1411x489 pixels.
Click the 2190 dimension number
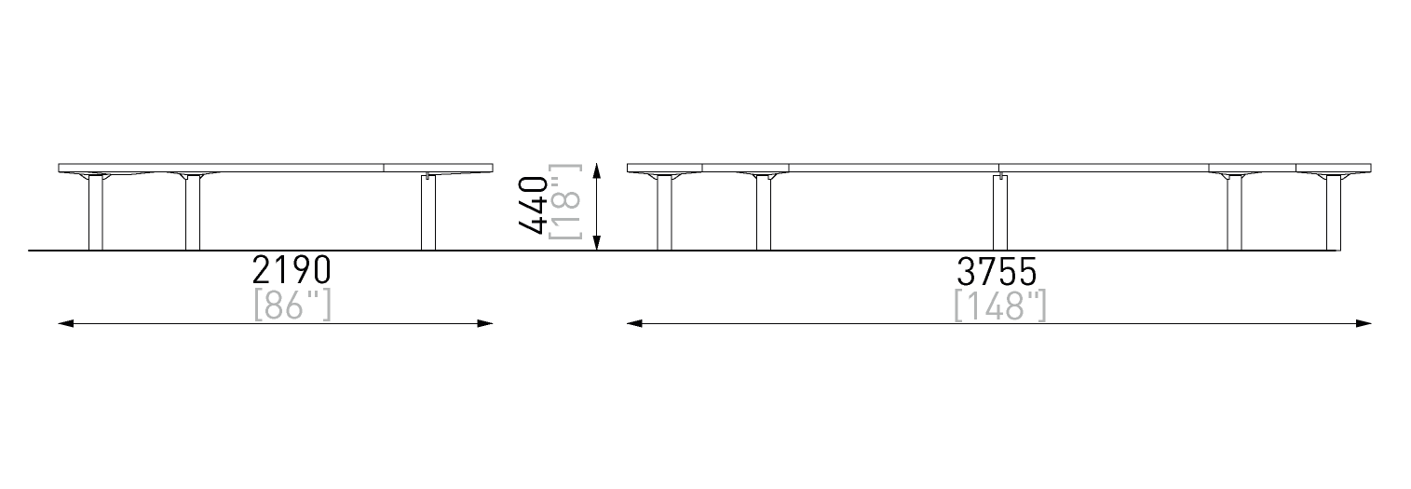(x=292, y=270)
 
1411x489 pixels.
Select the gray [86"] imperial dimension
(x=292, y=305)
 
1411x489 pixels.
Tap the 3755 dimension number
(x=997, y=271)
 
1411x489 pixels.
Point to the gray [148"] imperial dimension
(x=999, y=306)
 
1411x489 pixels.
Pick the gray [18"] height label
(x=565, y=202)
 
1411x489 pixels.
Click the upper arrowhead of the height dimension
(x=596, y=171)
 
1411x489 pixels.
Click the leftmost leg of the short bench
(x=95, y=214)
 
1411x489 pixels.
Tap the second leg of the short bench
(x=193, y=214)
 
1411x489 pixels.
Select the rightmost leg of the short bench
(x=428, y=214)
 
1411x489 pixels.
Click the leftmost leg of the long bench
(x=664, y=214)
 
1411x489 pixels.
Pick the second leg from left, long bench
(x=764, y=214)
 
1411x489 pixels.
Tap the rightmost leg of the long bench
(x=1334, y=214)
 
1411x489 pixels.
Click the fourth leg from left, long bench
(x=1234, y=214)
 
